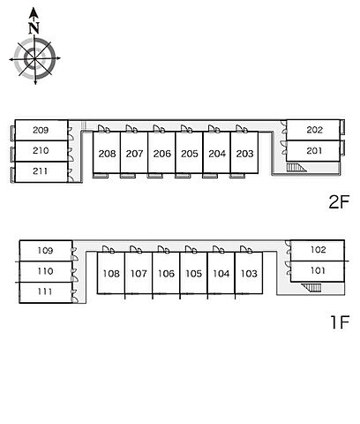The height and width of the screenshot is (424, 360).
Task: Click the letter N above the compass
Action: pyautogui.click(x=34, y=27)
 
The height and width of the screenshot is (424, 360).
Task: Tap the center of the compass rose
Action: pyautogui.click(x=34, y=58)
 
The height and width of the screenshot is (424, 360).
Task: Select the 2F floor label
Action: pyautogui.click(x=339, y=202)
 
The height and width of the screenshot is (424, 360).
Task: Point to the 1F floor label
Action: pyautogui.click(x=340, y=322)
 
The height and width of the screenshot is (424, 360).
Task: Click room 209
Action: pyautogui.click(x=41, y=130)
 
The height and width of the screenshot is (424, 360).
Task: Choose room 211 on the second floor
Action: pyautogui.click(x=41, y=171)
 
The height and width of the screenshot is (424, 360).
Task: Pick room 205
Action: pyautogui.click(x=189, y=153)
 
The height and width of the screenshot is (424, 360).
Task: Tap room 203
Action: pyautogui.click(x=244, y=153)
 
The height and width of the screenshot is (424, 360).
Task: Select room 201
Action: pyautogui.click(x=313, y=151)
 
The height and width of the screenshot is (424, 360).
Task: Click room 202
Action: pyautogui.click(x=313, y=130)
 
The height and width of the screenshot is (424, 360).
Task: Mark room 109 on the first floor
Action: pyautogui.click(x=46, y=251)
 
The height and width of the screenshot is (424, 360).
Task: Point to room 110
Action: pyautogui.click(x=46, y=271)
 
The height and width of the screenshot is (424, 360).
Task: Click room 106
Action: pyautogui.click(x=166, y=273)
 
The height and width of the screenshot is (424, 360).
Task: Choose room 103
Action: pyautogui.click(x=249, y=273)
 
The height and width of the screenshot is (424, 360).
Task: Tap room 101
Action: pyautogui.click(x=318, y=271)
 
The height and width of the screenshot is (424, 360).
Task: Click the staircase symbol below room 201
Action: pyautogui.click(x=296, y=168)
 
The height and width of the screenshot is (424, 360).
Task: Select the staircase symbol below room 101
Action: pyautogui.click(x=311, y=288)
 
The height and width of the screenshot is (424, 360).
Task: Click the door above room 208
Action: pyautogui.click(x=104, y=129)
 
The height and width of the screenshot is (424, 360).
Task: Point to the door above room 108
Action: pyautogui.click(x=109, y=249)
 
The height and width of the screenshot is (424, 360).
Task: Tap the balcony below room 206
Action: pyautogui.click(x=155, y=176)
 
